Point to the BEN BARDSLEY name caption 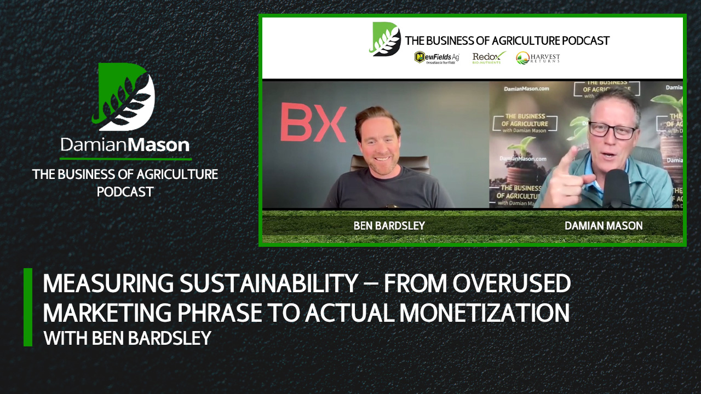pos(389,225)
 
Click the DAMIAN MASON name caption pos(604,225)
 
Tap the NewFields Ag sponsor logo pos(437,57)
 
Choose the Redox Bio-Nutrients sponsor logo pos(489,57)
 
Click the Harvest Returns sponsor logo pos(538,57)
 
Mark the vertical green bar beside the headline pos(28,307)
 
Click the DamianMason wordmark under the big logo pos(125,145)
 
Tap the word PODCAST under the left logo pos(125,192)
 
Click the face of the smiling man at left pos(377,139)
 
